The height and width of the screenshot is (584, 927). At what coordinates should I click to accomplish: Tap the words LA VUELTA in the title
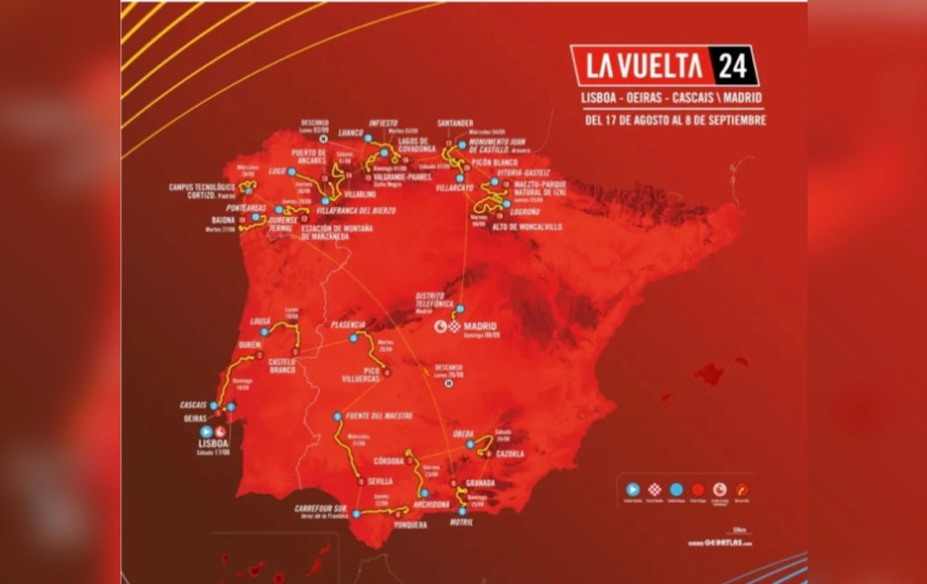(x=644, y=66)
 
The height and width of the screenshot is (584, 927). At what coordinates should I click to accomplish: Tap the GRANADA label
(x=479, y=483)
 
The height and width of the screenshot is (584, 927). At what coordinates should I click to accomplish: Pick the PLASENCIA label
(x=349, y=324)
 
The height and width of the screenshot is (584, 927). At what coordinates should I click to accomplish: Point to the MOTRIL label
(x=460, y=522)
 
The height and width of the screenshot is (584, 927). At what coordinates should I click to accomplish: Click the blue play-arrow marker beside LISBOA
(x=206, y=432)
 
